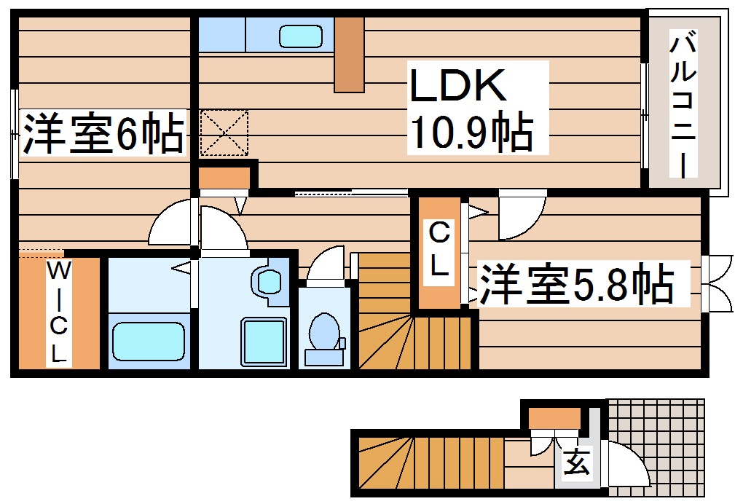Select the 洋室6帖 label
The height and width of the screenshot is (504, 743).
pos(103,133)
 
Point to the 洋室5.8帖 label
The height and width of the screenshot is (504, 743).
pos(575,285)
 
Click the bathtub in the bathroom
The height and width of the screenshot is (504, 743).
pos(148,342)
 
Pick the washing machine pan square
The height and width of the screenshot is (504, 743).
pos(263,341)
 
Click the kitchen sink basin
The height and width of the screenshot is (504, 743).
pos(301,35)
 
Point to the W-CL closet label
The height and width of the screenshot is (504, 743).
pos(59,313)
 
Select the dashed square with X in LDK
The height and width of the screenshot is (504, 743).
pos(224,133)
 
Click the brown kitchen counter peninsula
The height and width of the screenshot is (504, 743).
pos(349,55)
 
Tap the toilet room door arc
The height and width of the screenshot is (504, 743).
pos(325,264)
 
